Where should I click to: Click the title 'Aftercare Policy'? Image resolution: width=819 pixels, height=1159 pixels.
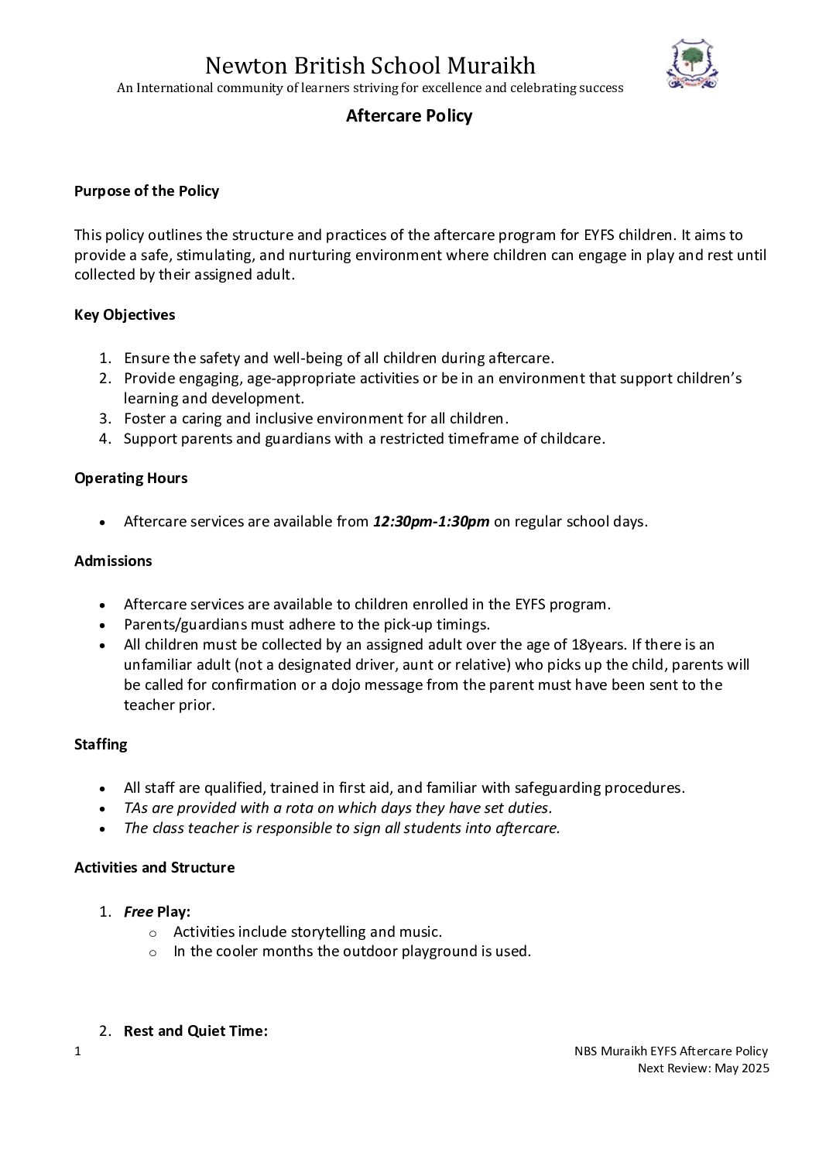409,116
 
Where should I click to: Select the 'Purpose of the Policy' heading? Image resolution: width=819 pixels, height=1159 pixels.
146,191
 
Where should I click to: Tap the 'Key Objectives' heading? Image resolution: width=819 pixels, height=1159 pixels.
125,315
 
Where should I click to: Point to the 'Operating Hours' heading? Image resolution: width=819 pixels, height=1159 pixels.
131,478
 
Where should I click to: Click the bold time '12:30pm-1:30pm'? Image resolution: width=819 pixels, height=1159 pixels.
431,521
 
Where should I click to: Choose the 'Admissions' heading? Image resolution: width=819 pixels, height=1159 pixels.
113,561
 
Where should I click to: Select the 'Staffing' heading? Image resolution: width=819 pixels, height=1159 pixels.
101,745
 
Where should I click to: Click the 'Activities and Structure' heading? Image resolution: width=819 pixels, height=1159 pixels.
154,867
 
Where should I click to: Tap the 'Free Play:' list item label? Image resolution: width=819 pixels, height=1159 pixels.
157,912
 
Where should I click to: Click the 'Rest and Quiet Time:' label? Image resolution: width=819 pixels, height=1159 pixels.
196,1031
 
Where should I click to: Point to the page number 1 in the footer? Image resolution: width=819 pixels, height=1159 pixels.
77,1051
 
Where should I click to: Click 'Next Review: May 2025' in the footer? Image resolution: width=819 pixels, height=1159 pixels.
702,1068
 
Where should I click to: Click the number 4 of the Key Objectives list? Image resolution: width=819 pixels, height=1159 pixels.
105,438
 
